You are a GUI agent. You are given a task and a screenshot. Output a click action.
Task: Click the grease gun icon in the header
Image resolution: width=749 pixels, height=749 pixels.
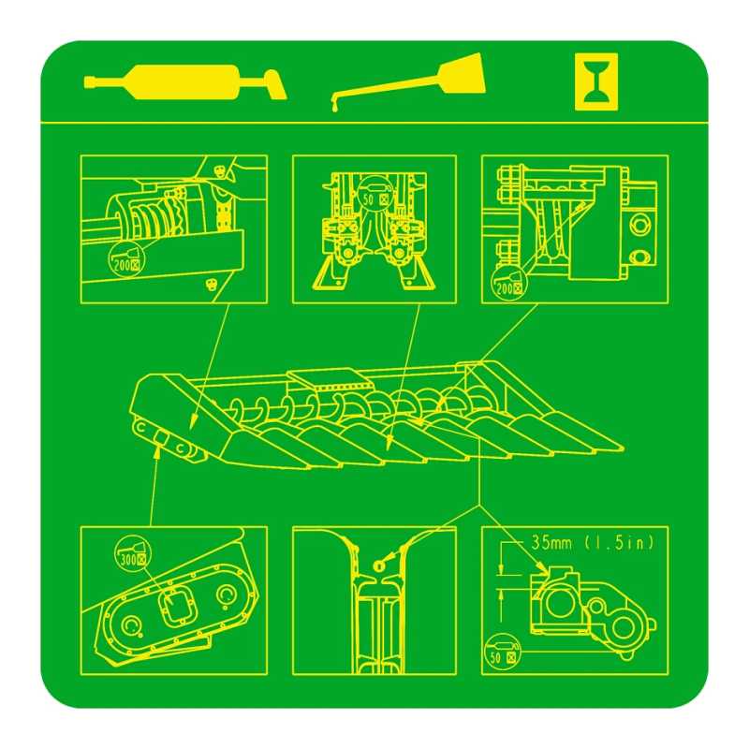pyautogui.click(x=185, y=82)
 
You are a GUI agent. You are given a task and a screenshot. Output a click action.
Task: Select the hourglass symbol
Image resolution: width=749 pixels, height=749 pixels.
pyautogui.click(x=596, y=81)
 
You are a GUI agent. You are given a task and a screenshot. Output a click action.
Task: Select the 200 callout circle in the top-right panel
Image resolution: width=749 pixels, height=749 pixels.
pyautogui.click(x=508, y=281)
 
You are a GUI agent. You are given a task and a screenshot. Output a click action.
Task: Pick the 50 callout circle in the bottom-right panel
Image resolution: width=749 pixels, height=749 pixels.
pyautogui.click(x=503, y=651)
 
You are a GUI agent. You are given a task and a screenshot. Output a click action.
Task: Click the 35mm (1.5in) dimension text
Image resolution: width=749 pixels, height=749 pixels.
pyautogui.click(x=593, y=543)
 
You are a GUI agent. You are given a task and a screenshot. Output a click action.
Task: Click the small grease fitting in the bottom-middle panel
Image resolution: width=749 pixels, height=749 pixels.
pyautogui.click(x=379, y=565)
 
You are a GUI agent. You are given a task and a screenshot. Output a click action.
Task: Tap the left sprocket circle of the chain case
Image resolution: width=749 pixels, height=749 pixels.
pyautogui.click(x=130, y=624)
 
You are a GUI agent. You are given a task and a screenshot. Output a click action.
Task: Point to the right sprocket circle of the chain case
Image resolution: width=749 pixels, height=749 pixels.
pyautogui.click(x=227, y=595)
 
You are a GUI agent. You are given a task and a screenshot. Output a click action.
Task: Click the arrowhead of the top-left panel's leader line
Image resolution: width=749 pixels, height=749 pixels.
pyautogui.click(x=193, y=422)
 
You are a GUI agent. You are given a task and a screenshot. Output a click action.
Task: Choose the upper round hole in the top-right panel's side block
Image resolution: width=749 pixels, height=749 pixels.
pyautogui.click(x=639, y=225)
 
